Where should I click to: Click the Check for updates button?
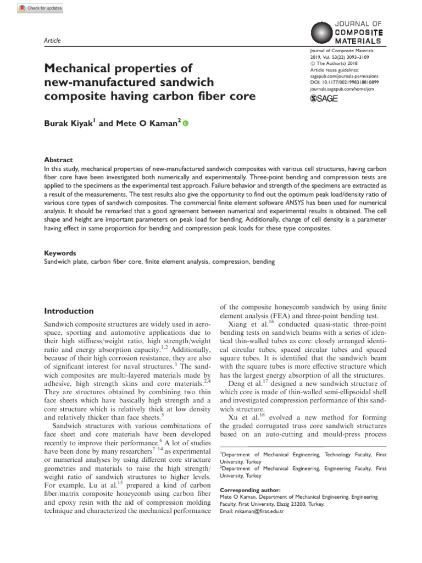41,8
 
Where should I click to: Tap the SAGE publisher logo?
324,98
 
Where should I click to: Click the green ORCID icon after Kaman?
185,124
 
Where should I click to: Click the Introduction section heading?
69,311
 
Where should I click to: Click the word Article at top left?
52,41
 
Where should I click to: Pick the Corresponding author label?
250,489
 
